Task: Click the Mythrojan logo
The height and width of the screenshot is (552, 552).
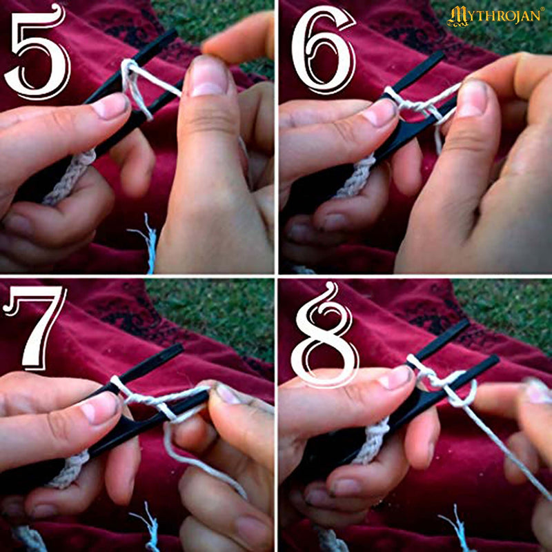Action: pyautogui.click(x=495, y=16)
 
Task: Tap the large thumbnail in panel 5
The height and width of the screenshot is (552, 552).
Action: pyautogui.click(x=208, y=76)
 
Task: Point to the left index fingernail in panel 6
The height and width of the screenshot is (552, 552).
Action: pyautogui.click(x=379, y=112)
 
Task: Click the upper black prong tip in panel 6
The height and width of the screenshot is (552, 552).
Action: pyautogui.click(x=442, y=55)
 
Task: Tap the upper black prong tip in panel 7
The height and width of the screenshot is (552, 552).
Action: pyautogui.click(x=179, y=348)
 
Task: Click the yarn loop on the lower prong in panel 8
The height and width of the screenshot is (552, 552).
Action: pyautogui.click(x=464, y=393)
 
